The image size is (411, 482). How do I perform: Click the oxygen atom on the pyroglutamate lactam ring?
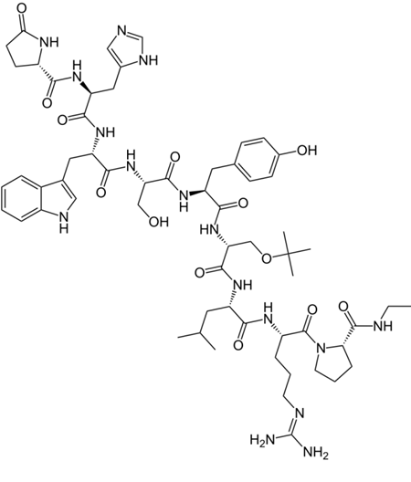click(21, 8)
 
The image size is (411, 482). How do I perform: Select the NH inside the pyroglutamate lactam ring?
click(49, 42)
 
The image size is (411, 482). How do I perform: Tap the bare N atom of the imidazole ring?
click(122, 31)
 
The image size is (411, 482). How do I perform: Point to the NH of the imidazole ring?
click(149, 60)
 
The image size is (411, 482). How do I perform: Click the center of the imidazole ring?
click(129, 48)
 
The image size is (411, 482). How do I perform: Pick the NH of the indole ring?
click(64, 222)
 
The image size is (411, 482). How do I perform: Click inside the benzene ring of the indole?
click(20, 198)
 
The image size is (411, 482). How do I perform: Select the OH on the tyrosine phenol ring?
click(306, 151)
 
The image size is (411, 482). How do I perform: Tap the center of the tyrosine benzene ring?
click(257, 160)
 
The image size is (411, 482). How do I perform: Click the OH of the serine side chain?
click(158, 221)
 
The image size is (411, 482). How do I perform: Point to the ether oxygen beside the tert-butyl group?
click(267, 259)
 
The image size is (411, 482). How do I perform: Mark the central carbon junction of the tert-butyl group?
click(289, 254)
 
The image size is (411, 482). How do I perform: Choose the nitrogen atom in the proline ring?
click(321, 349)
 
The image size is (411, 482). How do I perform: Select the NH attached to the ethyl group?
click(383, 326)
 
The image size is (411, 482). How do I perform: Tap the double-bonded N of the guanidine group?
click(300, 413)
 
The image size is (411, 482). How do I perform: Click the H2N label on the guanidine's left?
click(262, 440)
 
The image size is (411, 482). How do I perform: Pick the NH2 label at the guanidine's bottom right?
click(316, 453)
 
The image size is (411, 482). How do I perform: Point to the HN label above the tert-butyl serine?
click(209, 229)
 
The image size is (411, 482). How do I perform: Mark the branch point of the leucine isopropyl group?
click(200, 332)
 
